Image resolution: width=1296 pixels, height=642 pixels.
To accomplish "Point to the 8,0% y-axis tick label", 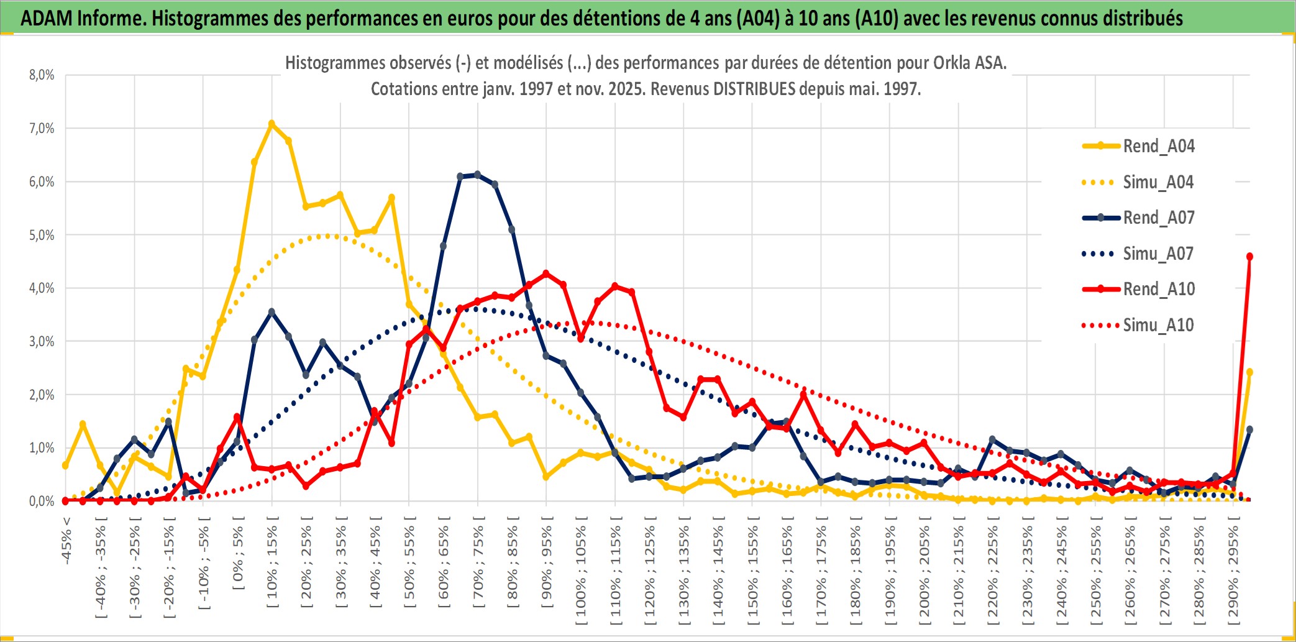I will click(42, 75).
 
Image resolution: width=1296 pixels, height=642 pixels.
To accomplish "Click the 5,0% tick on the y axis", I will click(42, 235).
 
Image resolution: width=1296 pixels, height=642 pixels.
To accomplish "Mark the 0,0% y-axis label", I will click(42, 501).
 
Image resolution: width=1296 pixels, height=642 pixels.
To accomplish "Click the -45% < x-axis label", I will click(66, 541).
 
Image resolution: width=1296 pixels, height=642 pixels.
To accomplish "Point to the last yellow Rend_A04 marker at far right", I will click(1249, 372).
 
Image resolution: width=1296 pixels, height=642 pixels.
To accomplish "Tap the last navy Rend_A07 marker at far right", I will click(1249, 429).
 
